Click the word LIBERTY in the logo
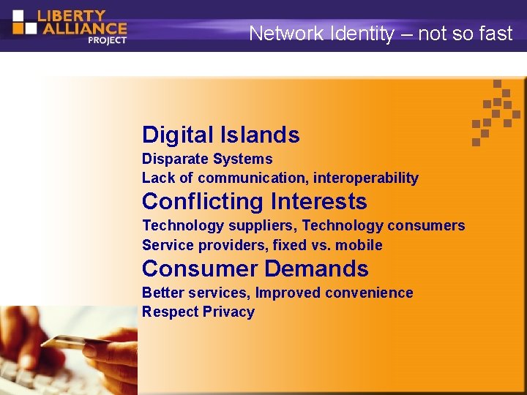(x=72, y=15)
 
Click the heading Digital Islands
(x=220, y=135)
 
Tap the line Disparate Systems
(x=207, y=159)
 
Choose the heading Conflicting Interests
(x=254, y=201)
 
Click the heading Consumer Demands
(x=255, y=268)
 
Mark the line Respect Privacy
(x=198, y=312)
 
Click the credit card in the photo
(x=73, y=343)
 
